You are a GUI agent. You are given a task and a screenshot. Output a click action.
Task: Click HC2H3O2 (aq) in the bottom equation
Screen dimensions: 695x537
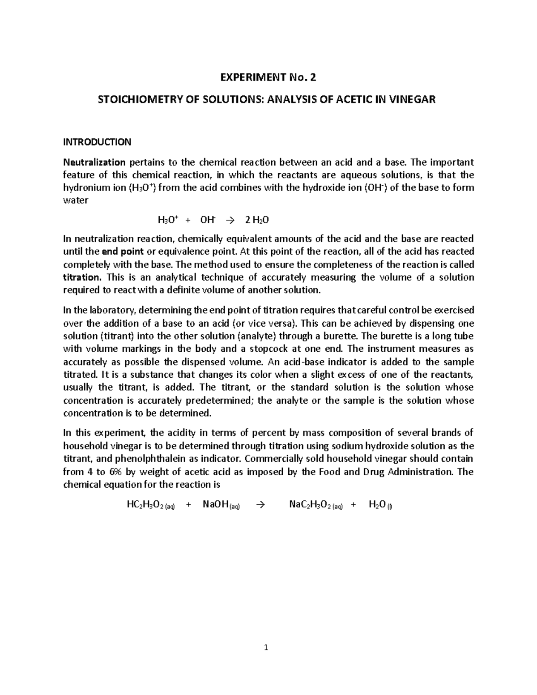151,505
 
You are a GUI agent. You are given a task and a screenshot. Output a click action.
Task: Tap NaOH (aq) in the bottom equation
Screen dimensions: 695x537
222,505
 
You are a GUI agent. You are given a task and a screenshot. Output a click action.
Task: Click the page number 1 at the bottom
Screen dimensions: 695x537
266,647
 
